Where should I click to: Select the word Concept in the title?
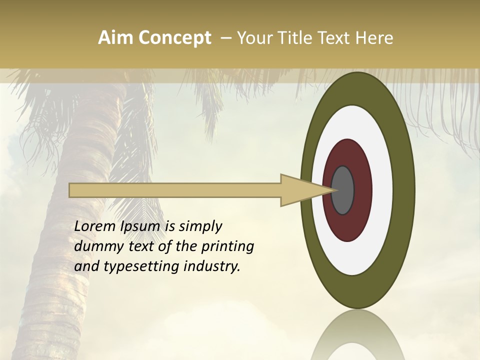pos(172,38)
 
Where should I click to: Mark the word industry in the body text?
pos(212,267)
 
